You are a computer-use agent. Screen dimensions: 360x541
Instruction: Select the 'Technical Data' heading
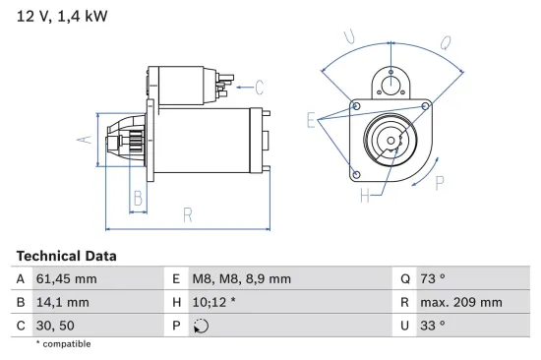tap(67, 256)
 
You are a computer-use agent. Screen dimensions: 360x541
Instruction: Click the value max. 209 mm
tap(463, 302)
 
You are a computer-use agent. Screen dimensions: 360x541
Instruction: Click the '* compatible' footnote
tap(63, 344)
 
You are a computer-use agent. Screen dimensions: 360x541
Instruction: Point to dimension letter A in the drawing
tap(85, 141)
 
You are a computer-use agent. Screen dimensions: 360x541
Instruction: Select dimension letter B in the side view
tap(138, 198)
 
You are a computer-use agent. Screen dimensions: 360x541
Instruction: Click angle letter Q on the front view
tap(445, 43)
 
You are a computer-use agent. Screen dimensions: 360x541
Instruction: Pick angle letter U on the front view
tap(349, 37)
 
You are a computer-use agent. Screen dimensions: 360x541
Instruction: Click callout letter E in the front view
tap(312, 121)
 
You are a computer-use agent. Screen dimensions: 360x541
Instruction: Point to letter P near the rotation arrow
tap(439, 182)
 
